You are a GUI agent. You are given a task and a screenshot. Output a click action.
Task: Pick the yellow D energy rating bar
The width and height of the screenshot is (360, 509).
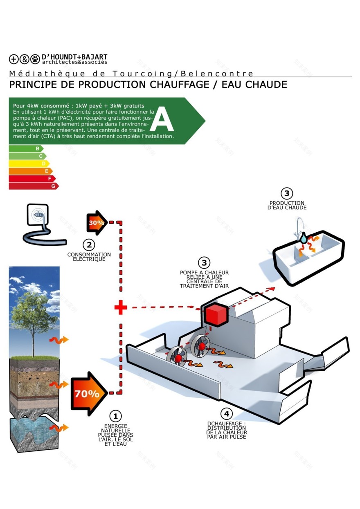coord(29,164)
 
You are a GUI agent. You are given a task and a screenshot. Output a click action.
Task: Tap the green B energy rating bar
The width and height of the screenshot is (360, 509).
coord(26,149)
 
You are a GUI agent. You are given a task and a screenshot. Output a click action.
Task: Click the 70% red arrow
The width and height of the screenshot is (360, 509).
coord(89,393)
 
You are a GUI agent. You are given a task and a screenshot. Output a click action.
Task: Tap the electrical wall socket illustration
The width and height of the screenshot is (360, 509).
coord(37,215)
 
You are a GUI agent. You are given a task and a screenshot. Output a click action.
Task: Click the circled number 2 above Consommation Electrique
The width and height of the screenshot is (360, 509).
coord(89,245)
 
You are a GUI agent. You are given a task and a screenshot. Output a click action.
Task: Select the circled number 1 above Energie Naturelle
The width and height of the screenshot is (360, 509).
coord(116,416)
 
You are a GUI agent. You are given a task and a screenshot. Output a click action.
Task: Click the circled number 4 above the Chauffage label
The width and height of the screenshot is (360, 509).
coord(226,414)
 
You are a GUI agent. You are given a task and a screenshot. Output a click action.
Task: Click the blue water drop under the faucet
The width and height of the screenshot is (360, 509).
coord(303,238)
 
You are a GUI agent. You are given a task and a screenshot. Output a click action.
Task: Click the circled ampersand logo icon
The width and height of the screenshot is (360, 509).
coord(25,59)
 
